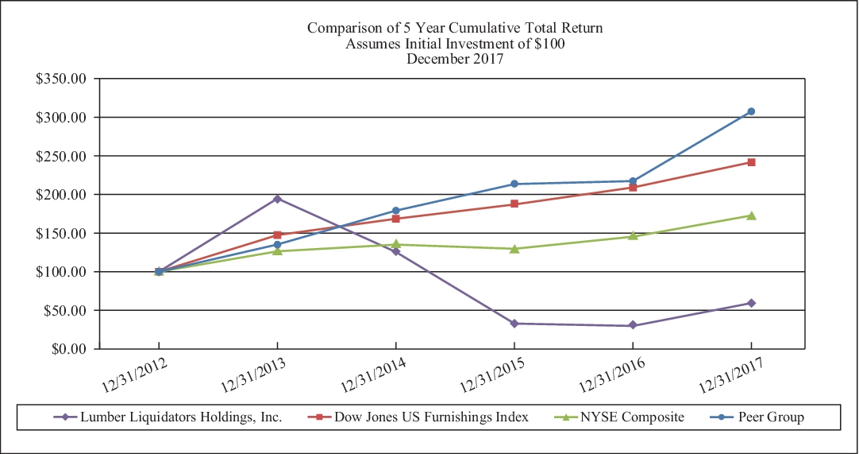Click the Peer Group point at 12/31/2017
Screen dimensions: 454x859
751,111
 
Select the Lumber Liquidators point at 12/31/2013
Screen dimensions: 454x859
277,199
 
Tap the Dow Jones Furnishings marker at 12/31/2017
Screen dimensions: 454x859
751,162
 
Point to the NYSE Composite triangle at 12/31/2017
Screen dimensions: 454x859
751,215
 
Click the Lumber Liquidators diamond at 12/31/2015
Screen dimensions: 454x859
514,324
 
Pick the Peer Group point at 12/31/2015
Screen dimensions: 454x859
514,184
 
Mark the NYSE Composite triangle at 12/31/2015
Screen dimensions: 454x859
514,249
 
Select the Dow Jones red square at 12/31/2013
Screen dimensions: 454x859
277,235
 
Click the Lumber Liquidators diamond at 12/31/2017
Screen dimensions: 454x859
751,303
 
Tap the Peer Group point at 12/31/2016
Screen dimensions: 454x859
633,181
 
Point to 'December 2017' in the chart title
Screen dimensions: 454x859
455,58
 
